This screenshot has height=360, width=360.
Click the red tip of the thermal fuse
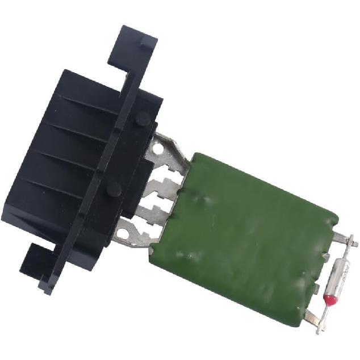[x=328, y=299]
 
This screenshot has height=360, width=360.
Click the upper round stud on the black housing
[x=143, y=119]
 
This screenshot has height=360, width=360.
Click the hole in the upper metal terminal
[x=159, y=148]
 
